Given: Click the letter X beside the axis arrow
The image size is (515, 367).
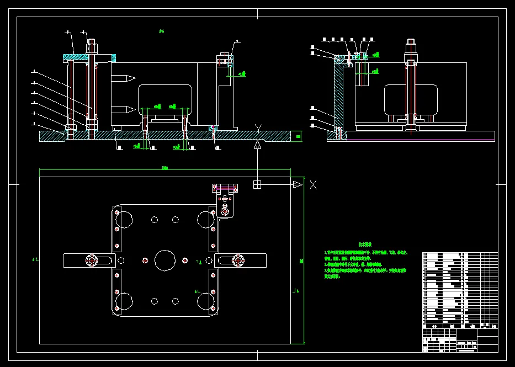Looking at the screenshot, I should [x=313, y=185].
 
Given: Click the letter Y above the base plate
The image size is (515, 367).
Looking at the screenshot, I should [x=258, y=129].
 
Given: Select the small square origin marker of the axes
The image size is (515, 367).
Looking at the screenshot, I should [x=257, y=184].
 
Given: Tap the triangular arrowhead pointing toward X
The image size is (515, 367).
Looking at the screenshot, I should [x=298, y=184].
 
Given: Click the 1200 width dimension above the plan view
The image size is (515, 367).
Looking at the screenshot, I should [x=164, y=168].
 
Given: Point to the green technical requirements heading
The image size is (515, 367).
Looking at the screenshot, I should [x=365, y=243].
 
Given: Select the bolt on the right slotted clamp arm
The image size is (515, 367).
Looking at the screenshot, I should [x=238, y=260].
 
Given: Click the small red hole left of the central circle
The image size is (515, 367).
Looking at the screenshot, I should [x=144, y=260].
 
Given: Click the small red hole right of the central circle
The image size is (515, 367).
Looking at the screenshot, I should [x=185, y=260].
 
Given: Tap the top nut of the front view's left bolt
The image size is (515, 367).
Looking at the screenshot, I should [x=92, y=41].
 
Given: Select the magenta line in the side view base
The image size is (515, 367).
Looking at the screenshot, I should [x=420, y=140].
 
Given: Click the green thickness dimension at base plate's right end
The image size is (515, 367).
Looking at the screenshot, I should [x=298, y=136].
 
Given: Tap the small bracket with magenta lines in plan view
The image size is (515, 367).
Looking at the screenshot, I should [x=225, y=188].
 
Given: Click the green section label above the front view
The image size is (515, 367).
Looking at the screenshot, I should [x=161, y=31].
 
